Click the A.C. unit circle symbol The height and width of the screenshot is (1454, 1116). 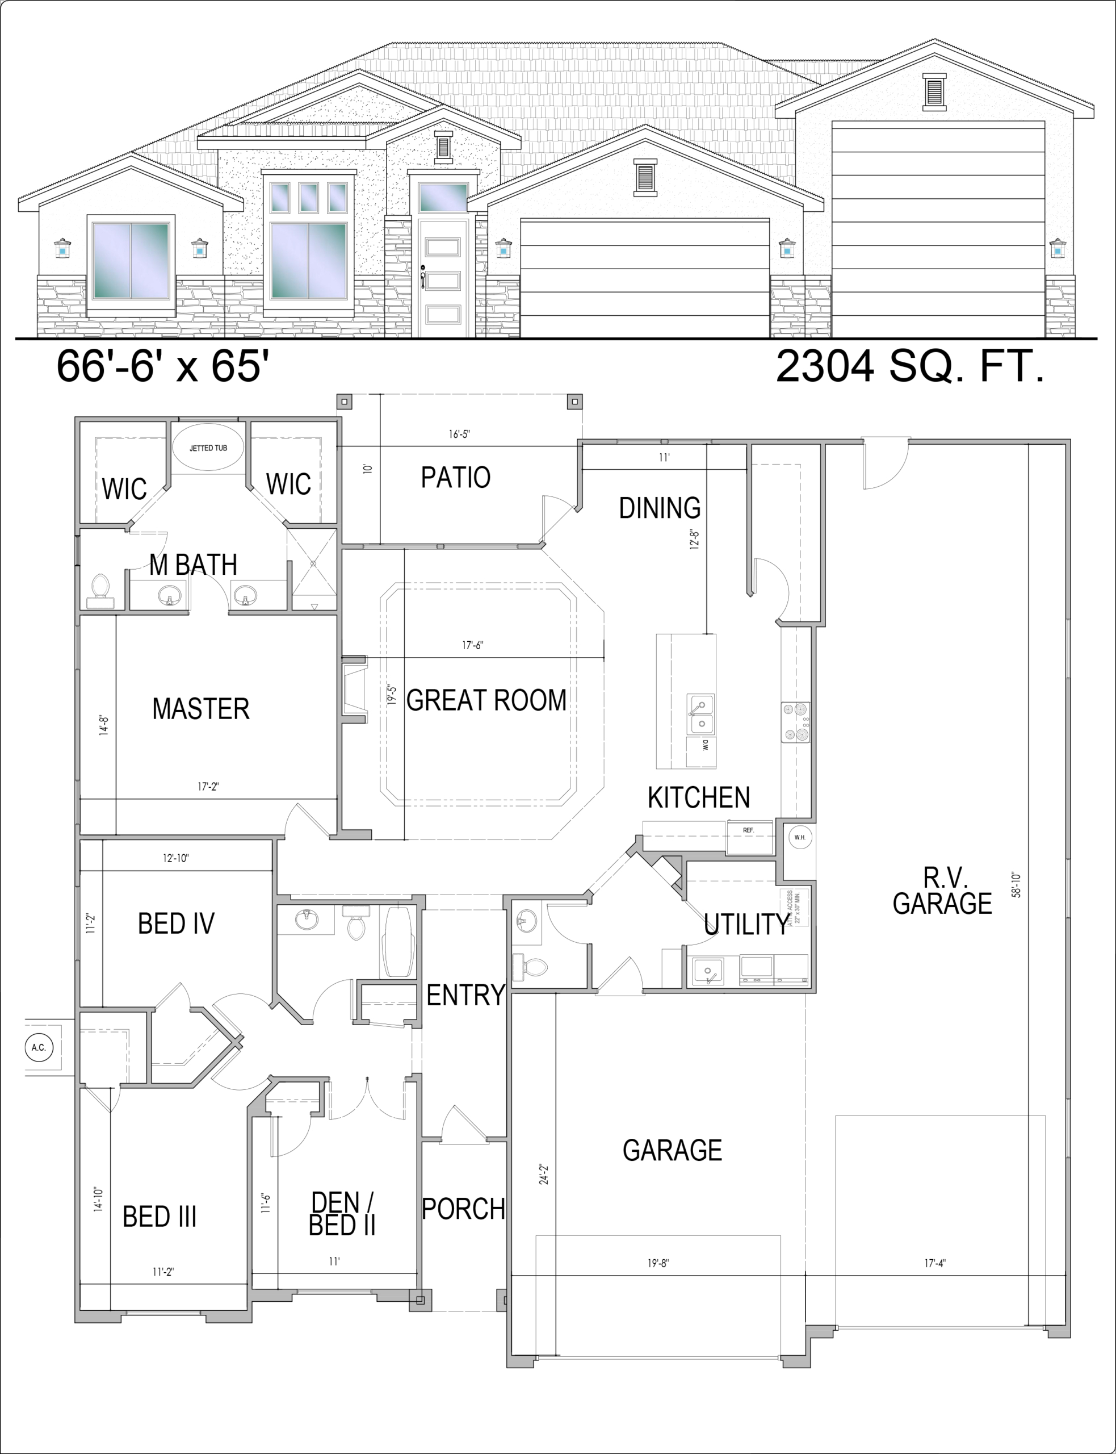point(39,1048)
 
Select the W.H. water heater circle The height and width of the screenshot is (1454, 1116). point(800,837)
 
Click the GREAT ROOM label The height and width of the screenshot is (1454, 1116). point(486,700)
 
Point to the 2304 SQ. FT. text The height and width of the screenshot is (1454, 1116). point(911,366)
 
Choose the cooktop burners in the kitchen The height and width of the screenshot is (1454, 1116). point(796,721)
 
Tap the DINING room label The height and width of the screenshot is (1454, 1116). point(660,508)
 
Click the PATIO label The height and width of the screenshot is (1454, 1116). point(456,477)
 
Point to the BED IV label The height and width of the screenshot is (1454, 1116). point(176,924)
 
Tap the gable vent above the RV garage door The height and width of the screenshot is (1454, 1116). point(933,91)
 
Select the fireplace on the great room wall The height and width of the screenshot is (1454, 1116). point(354,690)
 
